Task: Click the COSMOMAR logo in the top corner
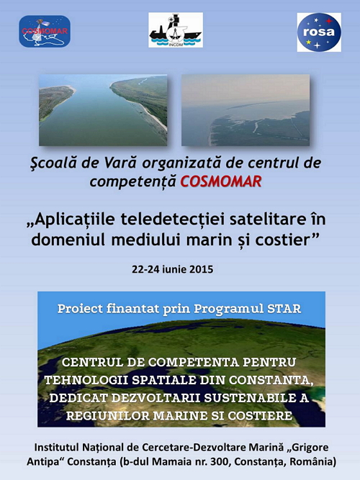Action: click(45, 31)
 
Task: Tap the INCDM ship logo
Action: click(176, 30)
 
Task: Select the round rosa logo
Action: click(319, 32)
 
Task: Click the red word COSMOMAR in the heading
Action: click(220, 181)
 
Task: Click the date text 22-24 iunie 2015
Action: click(173, 269)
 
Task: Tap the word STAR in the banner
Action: click(284, 309)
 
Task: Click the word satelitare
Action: click(268, 219)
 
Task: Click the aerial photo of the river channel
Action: click(103, 110)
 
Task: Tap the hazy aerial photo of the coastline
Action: click(246, 110)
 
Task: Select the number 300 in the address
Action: click(218, 461)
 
